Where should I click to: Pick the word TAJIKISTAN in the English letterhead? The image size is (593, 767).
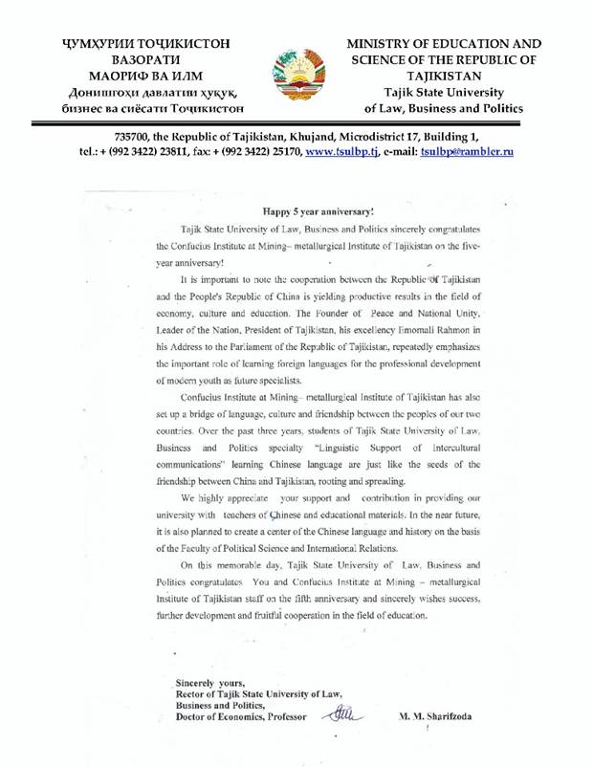[x=442, y=77]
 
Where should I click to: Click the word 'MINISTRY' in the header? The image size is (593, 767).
[x=383, y=43]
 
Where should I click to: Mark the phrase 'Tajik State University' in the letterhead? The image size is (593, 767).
[x=442, y=93]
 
